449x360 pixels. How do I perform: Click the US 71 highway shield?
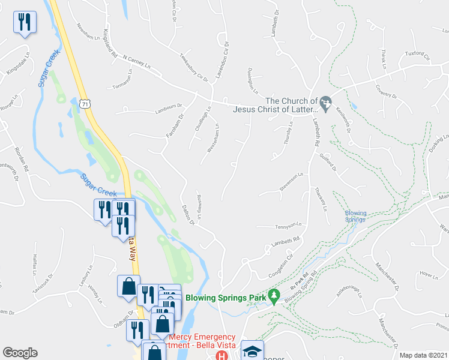click(x=86, y=104)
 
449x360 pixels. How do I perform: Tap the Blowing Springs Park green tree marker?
click(x=274, y=296)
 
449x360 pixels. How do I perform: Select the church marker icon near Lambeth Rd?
click(x=326, y=104)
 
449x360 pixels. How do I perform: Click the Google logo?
click(x=20, y=353)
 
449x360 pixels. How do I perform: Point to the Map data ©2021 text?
click(x=424, y=355)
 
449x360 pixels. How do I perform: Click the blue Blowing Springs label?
click(x=355, y=216)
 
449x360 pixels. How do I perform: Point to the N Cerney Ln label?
click(x=134, y=61)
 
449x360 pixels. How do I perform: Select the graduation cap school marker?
click(x=252, y=350)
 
